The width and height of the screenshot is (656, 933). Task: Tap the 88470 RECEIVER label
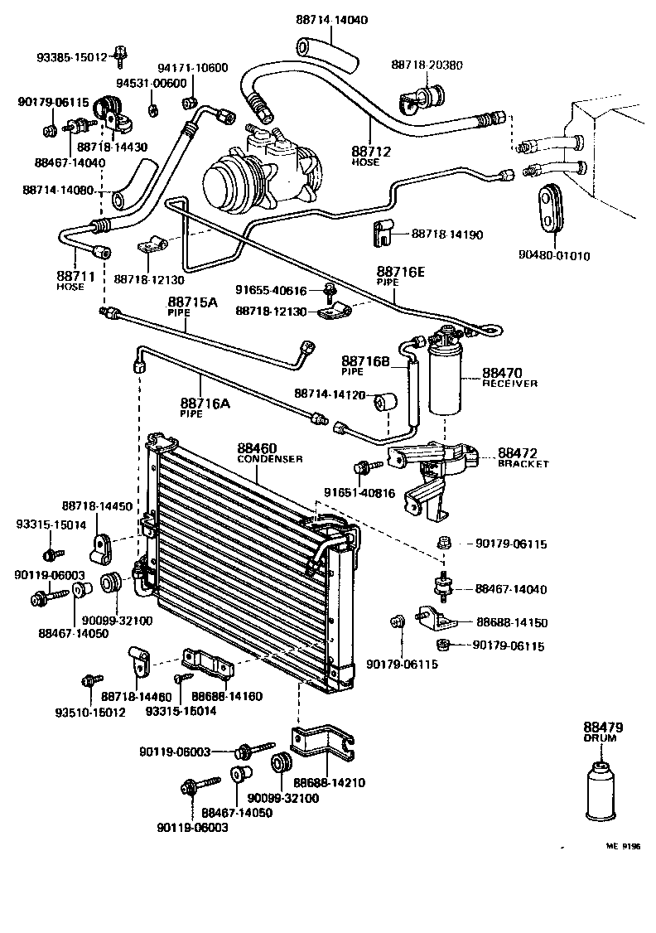point(509,378)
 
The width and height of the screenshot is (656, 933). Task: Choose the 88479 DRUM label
point(602,732)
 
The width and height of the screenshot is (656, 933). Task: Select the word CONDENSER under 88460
point(270,459)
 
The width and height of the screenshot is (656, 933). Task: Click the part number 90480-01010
point(572,255)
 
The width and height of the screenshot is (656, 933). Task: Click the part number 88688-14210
point(331,782)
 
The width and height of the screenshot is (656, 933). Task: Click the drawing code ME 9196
point(622,846)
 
